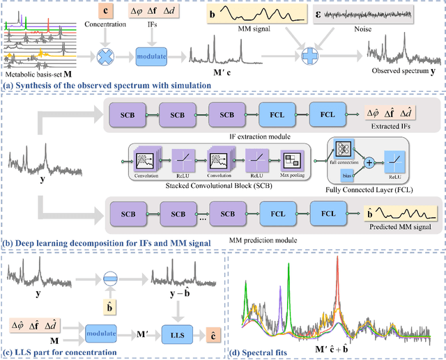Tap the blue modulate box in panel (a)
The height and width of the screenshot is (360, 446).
151,55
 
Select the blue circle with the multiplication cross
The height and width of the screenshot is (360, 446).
106,55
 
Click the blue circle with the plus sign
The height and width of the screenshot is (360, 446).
307,55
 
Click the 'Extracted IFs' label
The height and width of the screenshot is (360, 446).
394,125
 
